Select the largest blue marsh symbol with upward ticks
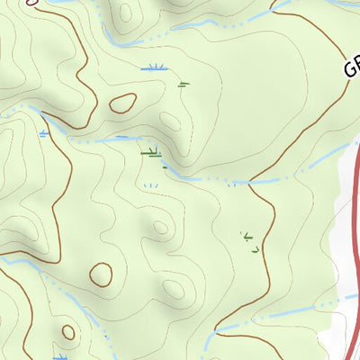pos(155,67)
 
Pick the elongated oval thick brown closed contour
pos(122,103)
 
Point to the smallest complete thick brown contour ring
pos(67,332)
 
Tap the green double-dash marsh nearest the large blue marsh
pos(184,85)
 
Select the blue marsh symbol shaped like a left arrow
pos(42,134)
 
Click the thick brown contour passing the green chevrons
pos(266,234)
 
